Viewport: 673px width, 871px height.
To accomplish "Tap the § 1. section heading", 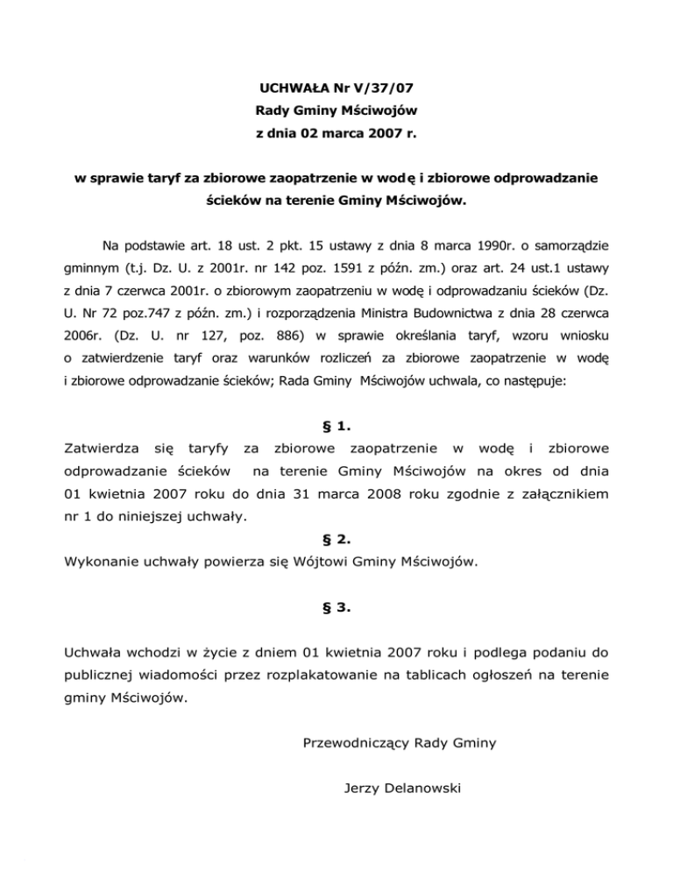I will (337, 427).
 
